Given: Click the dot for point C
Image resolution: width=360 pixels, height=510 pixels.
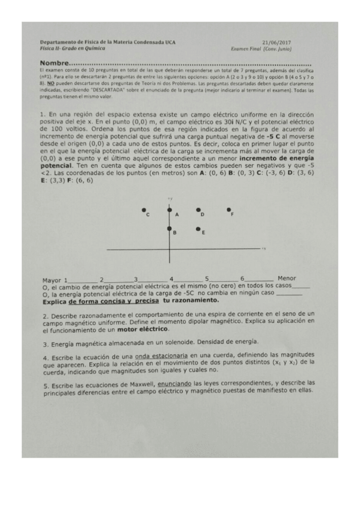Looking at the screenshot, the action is [x=144, y=210].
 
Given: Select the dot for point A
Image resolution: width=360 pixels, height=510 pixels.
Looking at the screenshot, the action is [x=169, y=209].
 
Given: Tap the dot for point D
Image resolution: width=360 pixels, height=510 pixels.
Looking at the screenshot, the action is [x=198, y=210].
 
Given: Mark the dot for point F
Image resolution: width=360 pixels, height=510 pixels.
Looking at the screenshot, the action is [x=228, y=209].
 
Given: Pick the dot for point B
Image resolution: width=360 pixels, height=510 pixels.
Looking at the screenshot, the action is [x=169, y=229].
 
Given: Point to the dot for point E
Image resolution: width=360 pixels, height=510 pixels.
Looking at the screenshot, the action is [x=198, y=229].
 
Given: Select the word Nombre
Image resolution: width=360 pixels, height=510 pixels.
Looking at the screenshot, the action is [x=54, y=64].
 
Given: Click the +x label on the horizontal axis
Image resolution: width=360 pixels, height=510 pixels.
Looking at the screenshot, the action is [x=263, y=247].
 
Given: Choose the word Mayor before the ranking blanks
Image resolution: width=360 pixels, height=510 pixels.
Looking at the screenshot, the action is [x=52, y=280].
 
